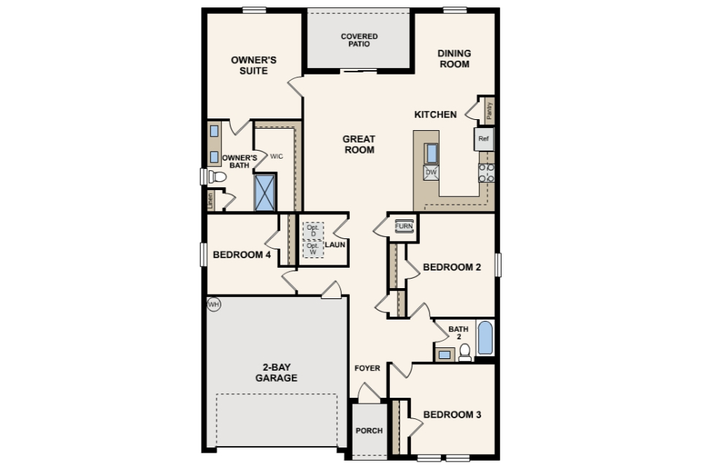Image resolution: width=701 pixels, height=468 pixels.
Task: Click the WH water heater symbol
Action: tap(214, 305)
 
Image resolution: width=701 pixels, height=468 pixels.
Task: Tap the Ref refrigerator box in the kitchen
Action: tap(483, 139)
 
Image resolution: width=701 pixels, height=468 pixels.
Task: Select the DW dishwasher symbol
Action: tap(431, 173)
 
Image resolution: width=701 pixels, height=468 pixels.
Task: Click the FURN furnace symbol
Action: tap(404, 226)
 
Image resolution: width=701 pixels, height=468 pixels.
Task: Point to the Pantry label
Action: tap(489, 110)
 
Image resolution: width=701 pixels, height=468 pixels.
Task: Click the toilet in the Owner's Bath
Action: tap(216, 177)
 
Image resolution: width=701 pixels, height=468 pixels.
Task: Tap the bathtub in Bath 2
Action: tap(485, 338)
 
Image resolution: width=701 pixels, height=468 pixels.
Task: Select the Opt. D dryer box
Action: tap(313, 231)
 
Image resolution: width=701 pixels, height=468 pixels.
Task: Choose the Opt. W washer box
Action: tap(313, 249)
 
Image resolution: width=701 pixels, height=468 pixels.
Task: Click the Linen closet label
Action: tap(210, 200)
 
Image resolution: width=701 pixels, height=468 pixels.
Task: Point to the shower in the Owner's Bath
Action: tap(264, 192)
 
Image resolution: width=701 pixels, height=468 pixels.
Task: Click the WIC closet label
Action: tap(276, 156)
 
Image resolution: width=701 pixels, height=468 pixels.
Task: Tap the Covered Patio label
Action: tap(359, 40)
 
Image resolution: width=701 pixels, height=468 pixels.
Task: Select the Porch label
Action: tap(369, 431)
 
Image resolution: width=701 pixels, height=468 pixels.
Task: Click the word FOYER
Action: tap(367, 368)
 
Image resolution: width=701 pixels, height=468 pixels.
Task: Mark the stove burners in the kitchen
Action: tap(486, 173)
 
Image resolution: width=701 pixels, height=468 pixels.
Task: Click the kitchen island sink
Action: tap(432, 153)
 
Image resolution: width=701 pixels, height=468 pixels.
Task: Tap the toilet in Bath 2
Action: tap(465, 352)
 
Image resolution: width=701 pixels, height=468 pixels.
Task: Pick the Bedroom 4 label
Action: tap(242, 254)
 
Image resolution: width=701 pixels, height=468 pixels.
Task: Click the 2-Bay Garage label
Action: tap(276, 373)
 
